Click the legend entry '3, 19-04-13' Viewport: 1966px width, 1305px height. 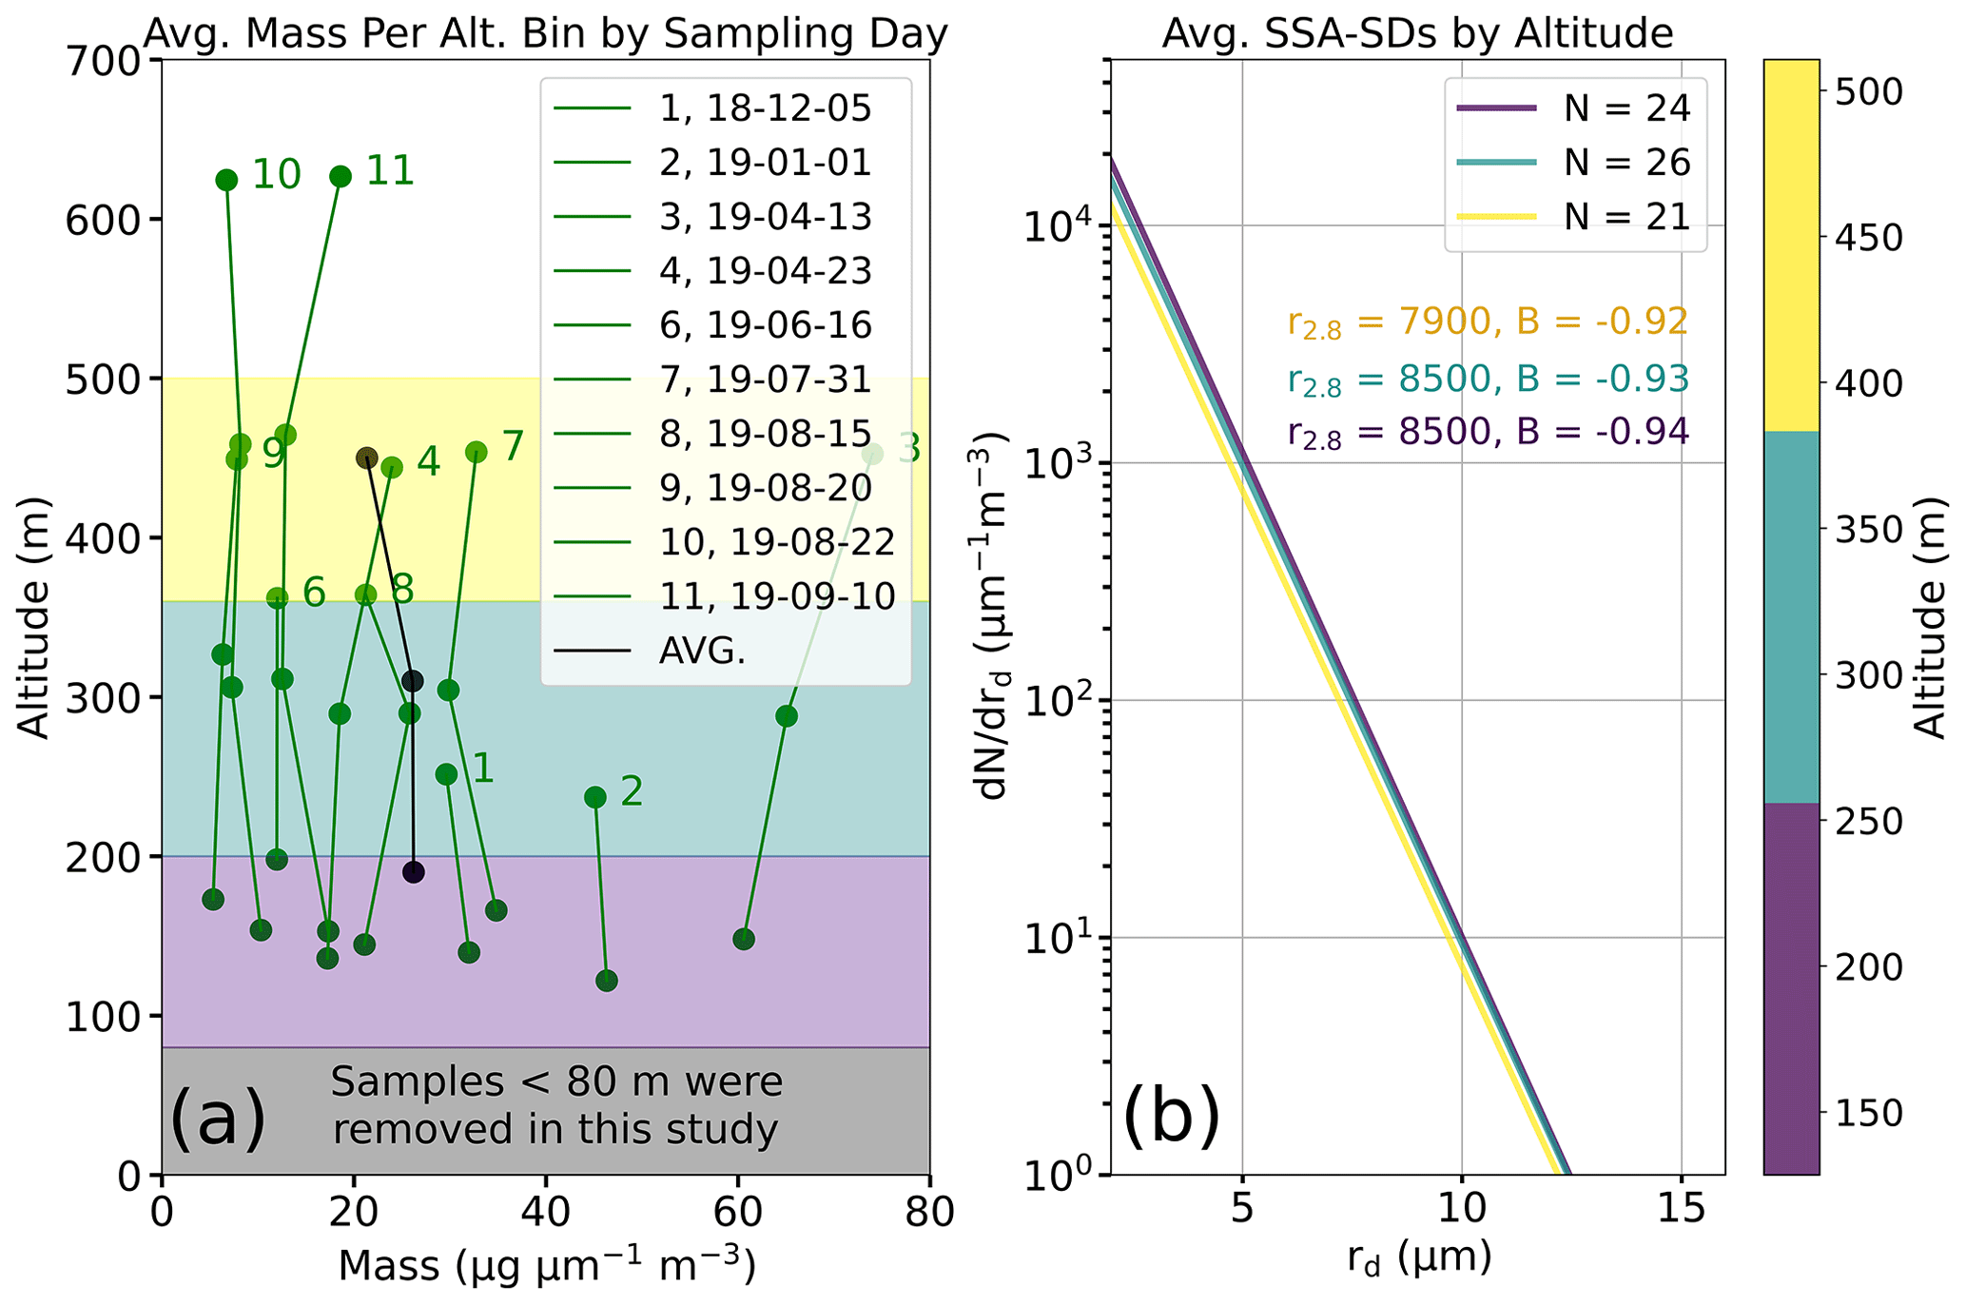pos(765,217)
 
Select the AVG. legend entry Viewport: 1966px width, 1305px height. pos(702,652)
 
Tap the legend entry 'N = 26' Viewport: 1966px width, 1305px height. pos(1627,163)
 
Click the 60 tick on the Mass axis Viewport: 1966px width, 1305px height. pos(737,1215)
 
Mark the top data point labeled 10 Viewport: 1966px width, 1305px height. pos(226,181)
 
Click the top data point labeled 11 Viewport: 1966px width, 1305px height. pos(341,177)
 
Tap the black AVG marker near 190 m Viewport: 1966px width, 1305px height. pos(413,872)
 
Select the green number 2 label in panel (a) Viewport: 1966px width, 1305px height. pos(632,791)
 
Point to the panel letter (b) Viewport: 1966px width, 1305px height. pos(1171,1119)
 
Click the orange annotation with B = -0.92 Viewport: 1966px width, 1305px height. pos(1488,322)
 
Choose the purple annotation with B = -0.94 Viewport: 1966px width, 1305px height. pos(1488,432)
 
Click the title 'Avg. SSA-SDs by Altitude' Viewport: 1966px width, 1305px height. pos(1417,34)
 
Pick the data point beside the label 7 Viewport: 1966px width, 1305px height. pos(477,452)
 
